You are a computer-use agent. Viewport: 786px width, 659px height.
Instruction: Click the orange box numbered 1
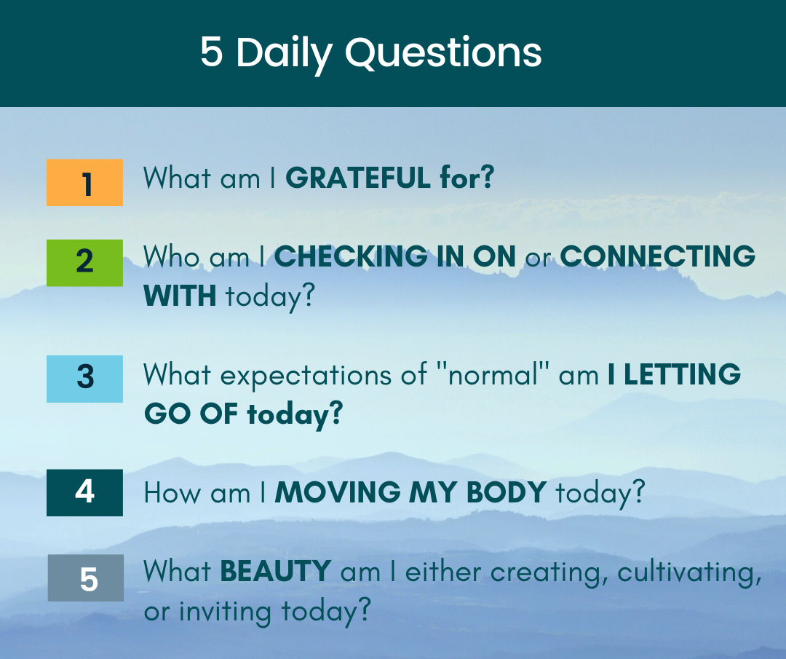84,183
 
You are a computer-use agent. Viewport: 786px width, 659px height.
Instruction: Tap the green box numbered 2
84,263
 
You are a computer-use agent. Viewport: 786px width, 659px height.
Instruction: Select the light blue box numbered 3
84,379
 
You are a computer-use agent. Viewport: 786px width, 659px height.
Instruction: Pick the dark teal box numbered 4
84,492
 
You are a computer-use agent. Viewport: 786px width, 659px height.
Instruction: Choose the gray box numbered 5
86,577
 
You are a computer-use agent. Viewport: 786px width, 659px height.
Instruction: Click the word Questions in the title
444,52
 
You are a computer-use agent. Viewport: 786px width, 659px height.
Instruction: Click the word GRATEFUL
358,178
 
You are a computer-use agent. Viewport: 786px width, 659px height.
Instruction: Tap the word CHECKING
351,256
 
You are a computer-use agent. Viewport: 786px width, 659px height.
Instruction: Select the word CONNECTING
658,256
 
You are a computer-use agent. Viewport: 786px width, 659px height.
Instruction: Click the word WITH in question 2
180,296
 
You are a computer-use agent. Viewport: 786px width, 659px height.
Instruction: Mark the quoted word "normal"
493,374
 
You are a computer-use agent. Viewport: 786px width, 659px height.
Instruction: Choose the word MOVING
338,492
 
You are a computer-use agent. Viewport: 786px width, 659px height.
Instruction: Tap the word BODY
507,492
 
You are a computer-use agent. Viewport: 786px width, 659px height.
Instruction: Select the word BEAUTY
275,571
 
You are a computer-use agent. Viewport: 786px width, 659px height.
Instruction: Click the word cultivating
689,573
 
